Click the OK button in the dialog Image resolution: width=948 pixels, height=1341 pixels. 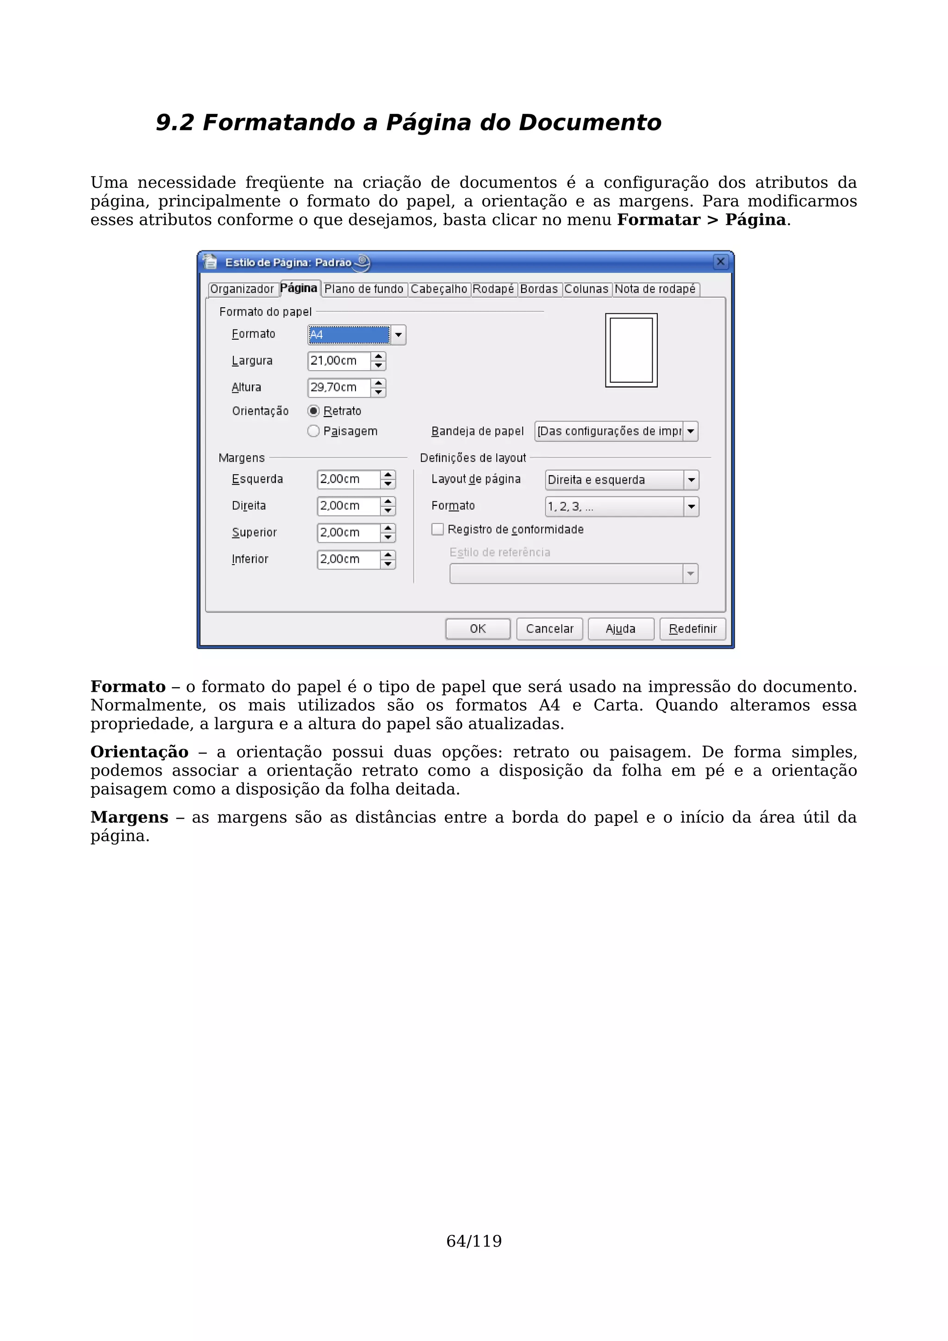(x=477, y=629)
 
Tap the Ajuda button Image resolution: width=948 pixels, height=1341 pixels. (x=620, y=629)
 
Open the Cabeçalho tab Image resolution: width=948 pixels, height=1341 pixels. (x=439, y=289)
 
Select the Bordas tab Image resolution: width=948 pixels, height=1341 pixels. (x=538, y=289)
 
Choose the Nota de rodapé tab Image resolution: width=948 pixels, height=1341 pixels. (x=655, y=289)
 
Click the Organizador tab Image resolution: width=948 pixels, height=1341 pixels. (x=242, y=289)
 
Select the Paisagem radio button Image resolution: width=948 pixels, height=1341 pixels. (x=314, y=431)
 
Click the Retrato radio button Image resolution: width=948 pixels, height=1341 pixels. (x=314, y=411)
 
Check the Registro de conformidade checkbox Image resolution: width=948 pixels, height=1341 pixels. (x=437, y=529)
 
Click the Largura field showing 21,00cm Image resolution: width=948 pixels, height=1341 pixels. (x=339, y=361)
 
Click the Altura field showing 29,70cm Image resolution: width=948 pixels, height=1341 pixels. (x=339, y=387)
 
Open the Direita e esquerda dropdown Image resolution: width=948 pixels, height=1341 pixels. (x=691, y=480)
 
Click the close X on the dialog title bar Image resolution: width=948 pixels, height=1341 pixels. (x=721, y=261)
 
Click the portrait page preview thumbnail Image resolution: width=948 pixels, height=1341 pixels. (x=631, y=350)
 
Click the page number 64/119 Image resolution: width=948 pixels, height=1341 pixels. (x=474, y=1241)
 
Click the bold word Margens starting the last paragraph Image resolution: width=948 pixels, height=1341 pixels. (x=129, y=818)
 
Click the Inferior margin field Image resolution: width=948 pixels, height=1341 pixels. (x=348, y=559)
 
